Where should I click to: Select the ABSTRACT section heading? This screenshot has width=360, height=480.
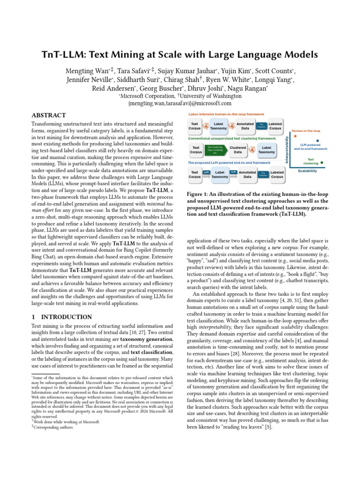click(49, 115)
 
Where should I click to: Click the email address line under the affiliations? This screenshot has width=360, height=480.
click(180, 103)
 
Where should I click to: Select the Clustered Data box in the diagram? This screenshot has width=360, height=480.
click(238, 150)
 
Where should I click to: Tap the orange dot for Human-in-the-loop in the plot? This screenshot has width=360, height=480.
click(295, 136)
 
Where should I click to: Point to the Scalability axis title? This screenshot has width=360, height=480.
click(307, 171)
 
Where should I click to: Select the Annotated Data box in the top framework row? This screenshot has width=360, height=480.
click(245, 126)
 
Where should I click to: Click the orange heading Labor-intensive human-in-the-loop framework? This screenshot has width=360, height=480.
click(226, 114)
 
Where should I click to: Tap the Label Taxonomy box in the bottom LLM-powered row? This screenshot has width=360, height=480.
click(220, 174)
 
